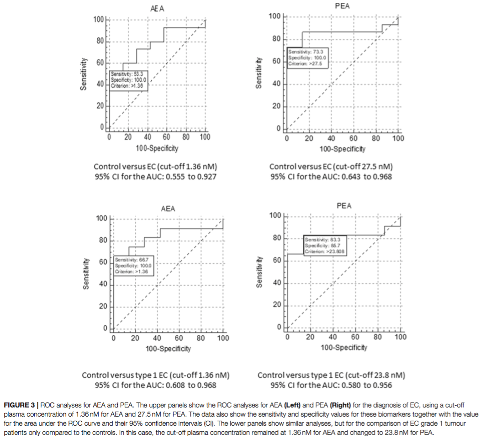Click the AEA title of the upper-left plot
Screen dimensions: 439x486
coord(157,9)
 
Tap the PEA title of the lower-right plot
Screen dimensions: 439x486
coord(343,206)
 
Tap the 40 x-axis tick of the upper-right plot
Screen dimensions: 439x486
coord(331,139)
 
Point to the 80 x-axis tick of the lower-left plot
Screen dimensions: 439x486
coord(201,338)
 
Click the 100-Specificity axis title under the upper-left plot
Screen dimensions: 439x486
coord(157,148)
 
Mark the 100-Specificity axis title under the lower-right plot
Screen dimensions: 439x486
coord(343,347)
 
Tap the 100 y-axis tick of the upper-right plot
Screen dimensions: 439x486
coord(275,17)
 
